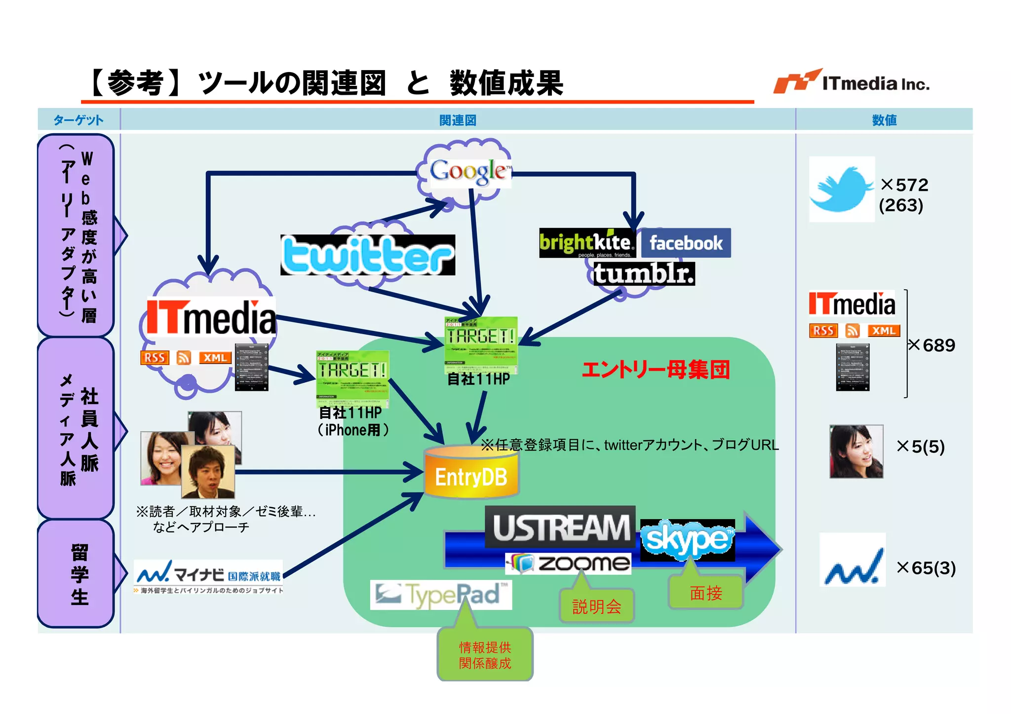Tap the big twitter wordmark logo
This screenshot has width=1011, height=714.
(368, 255)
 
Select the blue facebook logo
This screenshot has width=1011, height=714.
(686, 243)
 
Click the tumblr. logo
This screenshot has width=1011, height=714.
(644, 274)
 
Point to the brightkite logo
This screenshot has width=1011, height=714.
(586, 243)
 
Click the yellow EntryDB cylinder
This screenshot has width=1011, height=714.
(471, 474)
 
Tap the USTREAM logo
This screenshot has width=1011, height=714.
(561, 527)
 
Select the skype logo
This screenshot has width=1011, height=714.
(687, 540)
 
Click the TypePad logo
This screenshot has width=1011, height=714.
(440, 594)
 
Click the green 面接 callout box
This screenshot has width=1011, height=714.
(705, 592)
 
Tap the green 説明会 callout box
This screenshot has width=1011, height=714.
(596, 606)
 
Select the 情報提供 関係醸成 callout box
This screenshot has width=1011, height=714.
(485, 655)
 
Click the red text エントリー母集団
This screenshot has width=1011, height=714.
(655, 369)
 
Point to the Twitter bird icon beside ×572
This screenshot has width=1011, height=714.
(841, 189)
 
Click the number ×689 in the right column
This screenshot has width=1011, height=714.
(932, 345)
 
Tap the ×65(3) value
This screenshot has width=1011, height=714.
(926, 568)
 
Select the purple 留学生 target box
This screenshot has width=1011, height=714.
(77, 574)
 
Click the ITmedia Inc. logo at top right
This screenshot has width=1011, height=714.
(851, 82)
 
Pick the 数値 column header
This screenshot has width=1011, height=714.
(884, 120)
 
